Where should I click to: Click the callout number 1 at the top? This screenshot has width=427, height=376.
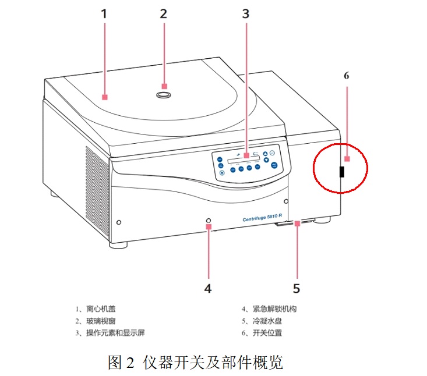click(x=104, y=13)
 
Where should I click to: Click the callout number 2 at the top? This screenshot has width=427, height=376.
click(x=164, y=13)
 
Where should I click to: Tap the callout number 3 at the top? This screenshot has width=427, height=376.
click(x=245, y=13)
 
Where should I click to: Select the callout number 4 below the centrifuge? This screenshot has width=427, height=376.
click(x=208, y=288)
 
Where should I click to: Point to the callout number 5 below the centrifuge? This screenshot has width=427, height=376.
click(x=297, y=288)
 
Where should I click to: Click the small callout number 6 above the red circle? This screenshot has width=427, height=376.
click(x=346, y=76)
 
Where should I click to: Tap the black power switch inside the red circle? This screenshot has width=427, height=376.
click(x=342, y=171)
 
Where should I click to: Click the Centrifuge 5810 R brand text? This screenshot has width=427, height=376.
click(x=262, y=218)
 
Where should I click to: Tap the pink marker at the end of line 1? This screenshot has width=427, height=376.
click(x=105, y=97)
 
